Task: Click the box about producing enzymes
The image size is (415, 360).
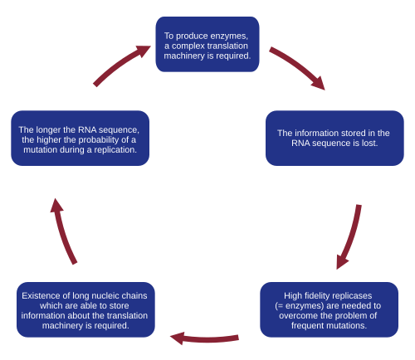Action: click(x=207, y=44)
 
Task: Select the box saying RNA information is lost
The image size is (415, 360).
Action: click(x=334, y=139)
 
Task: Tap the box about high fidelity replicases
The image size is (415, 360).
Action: click(x=330, y=309)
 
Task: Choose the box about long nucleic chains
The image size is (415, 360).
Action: click(x=85, y=309)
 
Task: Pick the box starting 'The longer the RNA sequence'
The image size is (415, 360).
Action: click(x=81, y=139)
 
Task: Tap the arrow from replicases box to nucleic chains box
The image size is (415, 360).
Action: click(x=204, y=339)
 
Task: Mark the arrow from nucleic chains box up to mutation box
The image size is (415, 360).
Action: click(x=62, y=232)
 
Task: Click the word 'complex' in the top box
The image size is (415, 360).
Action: click(x=188, y=46)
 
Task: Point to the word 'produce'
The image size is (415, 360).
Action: click(x=193, y=36)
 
